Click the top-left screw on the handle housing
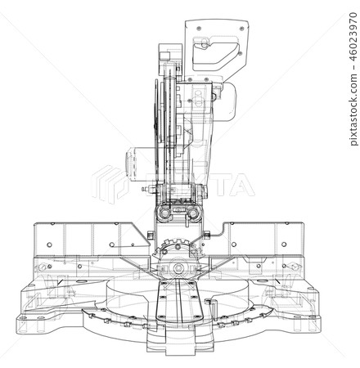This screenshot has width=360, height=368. point(199,29)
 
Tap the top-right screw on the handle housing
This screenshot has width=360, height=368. point(241,29)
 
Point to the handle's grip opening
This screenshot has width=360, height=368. point(214,54)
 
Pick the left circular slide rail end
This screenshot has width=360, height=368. point(164,213)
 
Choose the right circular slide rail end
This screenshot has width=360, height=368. point(193,213)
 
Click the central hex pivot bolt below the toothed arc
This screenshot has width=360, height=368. point(178,268)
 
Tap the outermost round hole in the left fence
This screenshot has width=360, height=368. point(49,245)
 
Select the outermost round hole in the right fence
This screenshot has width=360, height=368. point(284,245)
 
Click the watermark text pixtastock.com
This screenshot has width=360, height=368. point(353,110)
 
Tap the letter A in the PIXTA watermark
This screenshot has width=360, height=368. point(241,185)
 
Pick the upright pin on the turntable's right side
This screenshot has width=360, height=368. point(213,309)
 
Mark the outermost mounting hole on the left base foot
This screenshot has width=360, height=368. point(24,318)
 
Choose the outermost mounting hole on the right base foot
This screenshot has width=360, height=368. point(312,317)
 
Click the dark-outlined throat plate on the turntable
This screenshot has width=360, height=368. point(179,301)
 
